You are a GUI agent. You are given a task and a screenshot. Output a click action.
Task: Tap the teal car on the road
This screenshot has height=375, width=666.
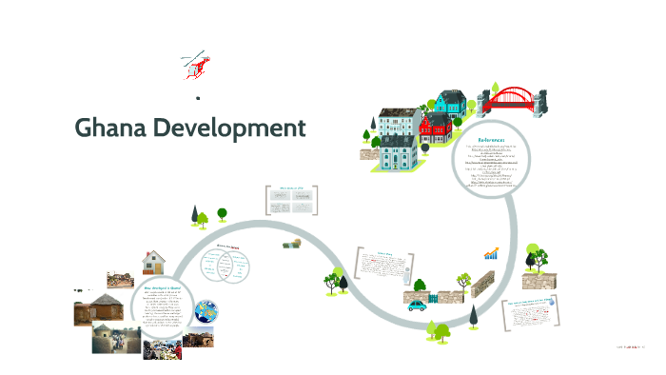(x=419, y=306)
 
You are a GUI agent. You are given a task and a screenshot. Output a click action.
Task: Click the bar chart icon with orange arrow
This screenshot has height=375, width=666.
(x=491, y=254)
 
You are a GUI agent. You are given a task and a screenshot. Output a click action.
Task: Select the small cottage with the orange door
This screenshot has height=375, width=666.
(x=152, y=261)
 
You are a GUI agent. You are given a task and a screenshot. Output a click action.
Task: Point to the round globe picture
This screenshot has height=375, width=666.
(x=205, y=310)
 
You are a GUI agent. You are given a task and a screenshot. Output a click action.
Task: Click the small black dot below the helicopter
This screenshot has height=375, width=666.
(x=198, y=98)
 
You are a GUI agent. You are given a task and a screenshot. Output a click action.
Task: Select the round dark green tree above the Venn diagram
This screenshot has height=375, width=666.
(x=222, y=214)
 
